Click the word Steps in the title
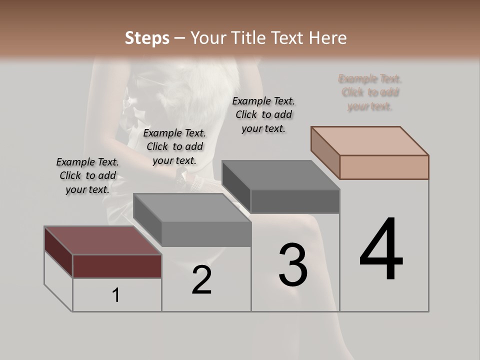tap(147, 38)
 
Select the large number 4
tap(381, 250)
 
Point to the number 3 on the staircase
tap(293, 265)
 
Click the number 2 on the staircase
tap(201, 280)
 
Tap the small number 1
tap(116, 295)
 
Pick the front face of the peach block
tap(384, 167)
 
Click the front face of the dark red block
tap(117, 266)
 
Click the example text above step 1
tap(87, 175)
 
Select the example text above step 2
tap(174, 146)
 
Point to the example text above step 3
tap(263, 114)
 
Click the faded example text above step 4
tap(370, 92)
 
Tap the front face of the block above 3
tap(295, 201)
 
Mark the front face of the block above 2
tap(206, 234)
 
